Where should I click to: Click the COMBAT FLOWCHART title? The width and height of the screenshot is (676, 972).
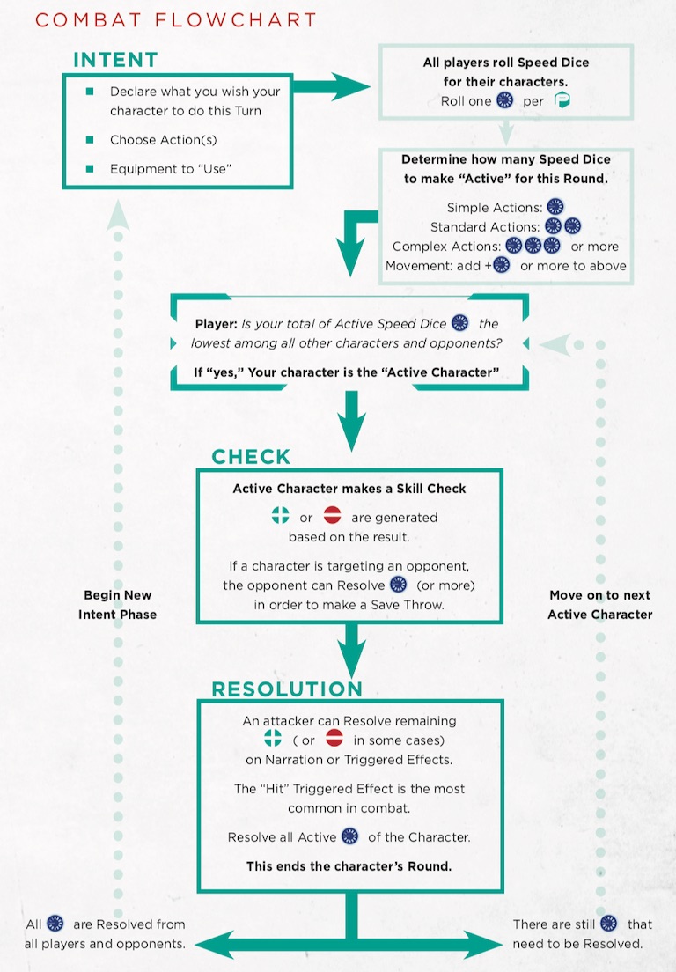[x=176, y=20]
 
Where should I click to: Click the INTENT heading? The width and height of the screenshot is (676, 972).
[x=116, y=60]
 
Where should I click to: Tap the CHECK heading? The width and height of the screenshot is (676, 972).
[x=251, y=457]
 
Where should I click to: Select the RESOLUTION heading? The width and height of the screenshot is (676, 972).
[x=287, y=688]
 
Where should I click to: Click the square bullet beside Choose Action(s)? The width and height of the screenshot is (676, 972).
[x=90, y=140]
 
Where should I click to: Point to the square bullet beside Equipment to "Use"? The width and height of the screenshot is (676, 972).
[x=90, y=169]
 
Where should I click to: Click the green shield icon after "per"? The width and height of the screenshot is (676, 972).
[x=562, y=99]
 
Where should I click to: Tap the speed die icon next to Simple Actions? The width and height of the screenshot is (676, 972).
[x=555, y=206]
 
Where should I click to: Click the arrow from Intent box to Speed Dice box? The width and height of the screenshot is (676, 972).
[x=331, y=86]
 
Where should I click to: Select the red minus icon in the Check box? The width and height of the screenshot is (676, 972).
[x=333, y=515]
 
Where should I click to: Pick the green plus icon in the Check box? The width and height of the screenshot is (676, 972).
[x=281, y=515]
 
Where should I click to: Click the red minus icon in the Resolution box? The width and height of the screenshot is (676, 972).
[x=334, y=739]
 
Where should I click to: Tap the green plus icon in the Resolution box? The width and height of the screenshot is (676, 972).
[x=273, y=739]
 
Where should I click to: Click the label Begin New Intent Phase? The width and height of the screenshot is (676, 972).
[x=118, y=604]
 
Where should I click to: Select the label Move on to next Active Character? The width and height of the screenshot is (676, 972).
[x=599, y=604]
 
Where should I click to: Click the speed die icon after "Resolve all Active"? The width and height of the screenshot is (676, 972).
[x=350, y=836]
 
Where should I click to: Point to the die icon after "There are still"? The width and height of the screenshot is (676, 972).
[x=609, y=924]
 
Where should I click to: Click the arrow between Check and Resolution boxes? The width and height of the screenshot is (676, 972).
[x=351, y=651]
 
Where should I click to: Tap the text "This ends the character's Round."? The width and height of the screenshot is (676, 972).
[x=349, y=866]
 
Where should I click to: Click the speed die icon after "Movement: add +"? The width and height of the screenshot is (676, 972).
[x=501, y=265]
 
